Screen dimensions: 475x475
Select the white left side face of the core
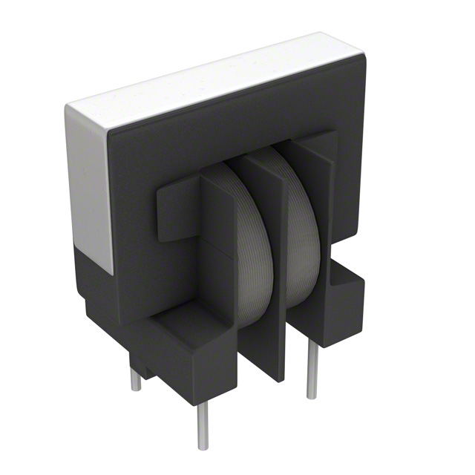tap(89, 186)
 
